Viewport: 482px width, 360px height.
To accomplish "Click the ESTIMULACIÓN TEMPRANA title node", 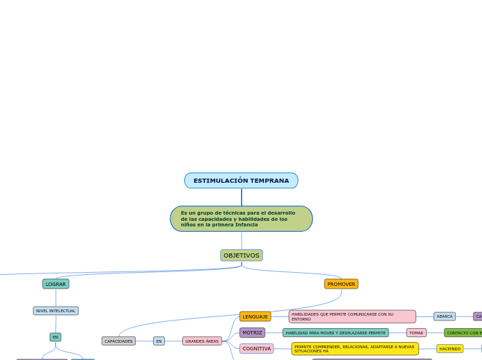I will (241, 181).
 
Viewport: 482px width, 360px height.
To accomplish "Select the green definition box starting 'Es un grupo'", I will (241, 219).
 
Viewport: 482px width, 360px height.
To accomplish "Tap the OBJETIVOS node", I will (241, 255).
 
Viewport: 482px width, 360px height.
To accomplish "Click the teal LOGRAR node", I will (55, 284).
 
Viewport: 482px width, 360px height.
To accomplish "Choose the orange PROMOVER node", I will (341, 284).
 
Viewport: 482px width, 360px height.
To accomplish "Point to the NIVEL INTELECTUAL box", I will (55, 311).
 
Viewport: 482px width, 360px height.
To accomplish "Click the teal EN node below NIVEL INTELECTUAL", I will (55, 337).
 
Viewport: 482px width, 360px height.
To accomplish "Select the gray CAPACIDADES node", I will (118, 341).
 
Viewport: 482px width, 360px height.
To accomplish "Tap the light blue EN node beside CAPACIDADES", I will (159, 341).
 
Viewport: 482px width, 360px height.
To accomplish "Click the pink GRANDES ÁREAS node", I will (202, 341).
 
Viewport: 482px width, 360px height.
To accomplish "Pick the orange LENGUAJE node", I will (255, 316).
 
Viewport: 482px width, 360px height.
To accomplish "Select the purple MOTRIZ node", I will (252, 333).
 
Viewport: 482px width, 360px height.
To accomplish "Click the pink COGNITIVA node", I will (256, 349).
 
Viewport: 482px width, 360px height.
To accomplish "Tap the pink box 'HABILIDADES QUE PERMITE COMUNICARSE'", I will (352, 316).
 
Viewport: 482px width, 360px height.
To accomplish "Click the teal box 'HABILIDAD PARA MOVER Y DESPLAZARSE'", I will (335, 333).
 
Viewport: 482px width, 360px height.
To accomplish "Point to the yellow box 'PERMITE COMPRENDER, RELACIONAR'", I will (355, 349).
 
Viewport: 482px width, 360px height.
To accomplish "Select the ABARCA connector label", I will (445, 316).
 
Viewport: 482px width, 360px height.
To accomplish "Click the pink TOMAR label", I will (416, 333).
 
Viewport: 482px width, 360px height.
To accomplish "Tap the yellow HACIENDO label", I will (449, 349).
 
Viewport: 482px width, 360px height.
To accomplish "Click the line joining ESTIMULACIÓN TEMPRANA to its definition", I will (242, 197).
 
